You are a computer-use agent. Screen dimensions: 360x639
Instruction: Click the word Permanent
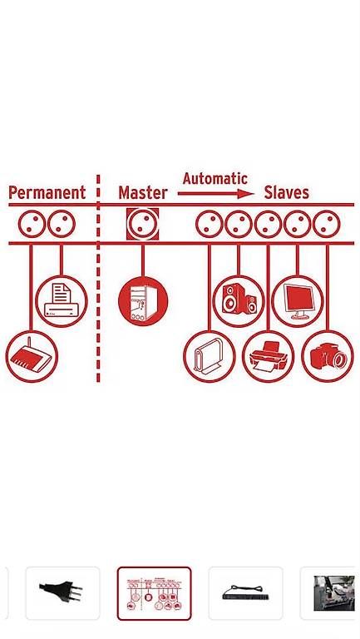tap(47, 192)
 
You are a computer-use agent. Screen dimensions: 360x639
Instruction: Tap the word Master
tap(143, 192)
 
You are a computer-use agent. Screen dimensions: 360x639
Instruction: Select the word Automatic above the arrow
tap(215, 179)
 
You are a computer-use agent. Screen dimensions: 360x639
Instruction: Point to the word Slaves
tap(287, 192)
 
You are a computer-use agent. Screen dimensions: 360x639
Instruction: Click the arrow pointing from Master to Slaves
tap(216, 194)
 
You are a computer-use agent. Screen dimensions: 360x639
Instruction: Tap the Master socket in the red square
tap(142, 224)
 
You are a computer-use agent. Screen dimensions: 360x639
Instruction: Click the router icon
tap(32, 356)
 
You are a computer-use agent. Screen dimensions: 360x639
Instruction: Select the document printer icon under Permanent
tap(62, 301)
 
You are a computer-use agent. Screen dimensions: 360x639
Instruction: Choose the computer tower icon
tap(143, 301)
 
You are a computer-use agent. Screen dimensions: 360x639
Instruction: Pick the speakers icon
tap(239, 301)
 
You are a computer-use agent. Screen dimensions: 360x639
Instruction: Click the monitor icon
tap(298, 301)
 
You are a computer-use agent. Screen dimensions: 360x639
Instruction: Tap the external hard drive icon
tap(210, 356)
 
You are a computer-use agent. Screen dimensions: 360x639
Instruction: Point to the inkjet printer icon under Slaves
tap(268, 356)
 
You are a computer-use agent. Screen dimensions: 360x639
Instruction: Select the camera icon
tap(328, 356)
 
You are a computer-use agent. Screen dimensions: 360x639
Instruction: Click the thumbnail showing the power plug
tap(62, 593)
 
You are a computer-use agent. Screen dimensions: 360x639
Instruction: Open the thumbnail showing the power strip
tap(245, 593)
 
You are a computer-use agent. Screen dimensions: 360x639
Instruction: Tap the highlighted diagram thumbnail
tap(154, 593)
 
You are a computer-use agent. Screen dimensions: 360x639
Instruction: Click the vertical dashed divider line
tap(98, 279)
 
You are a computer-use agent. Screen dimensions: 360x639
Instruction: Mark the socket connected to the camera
tap(327, 224)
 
